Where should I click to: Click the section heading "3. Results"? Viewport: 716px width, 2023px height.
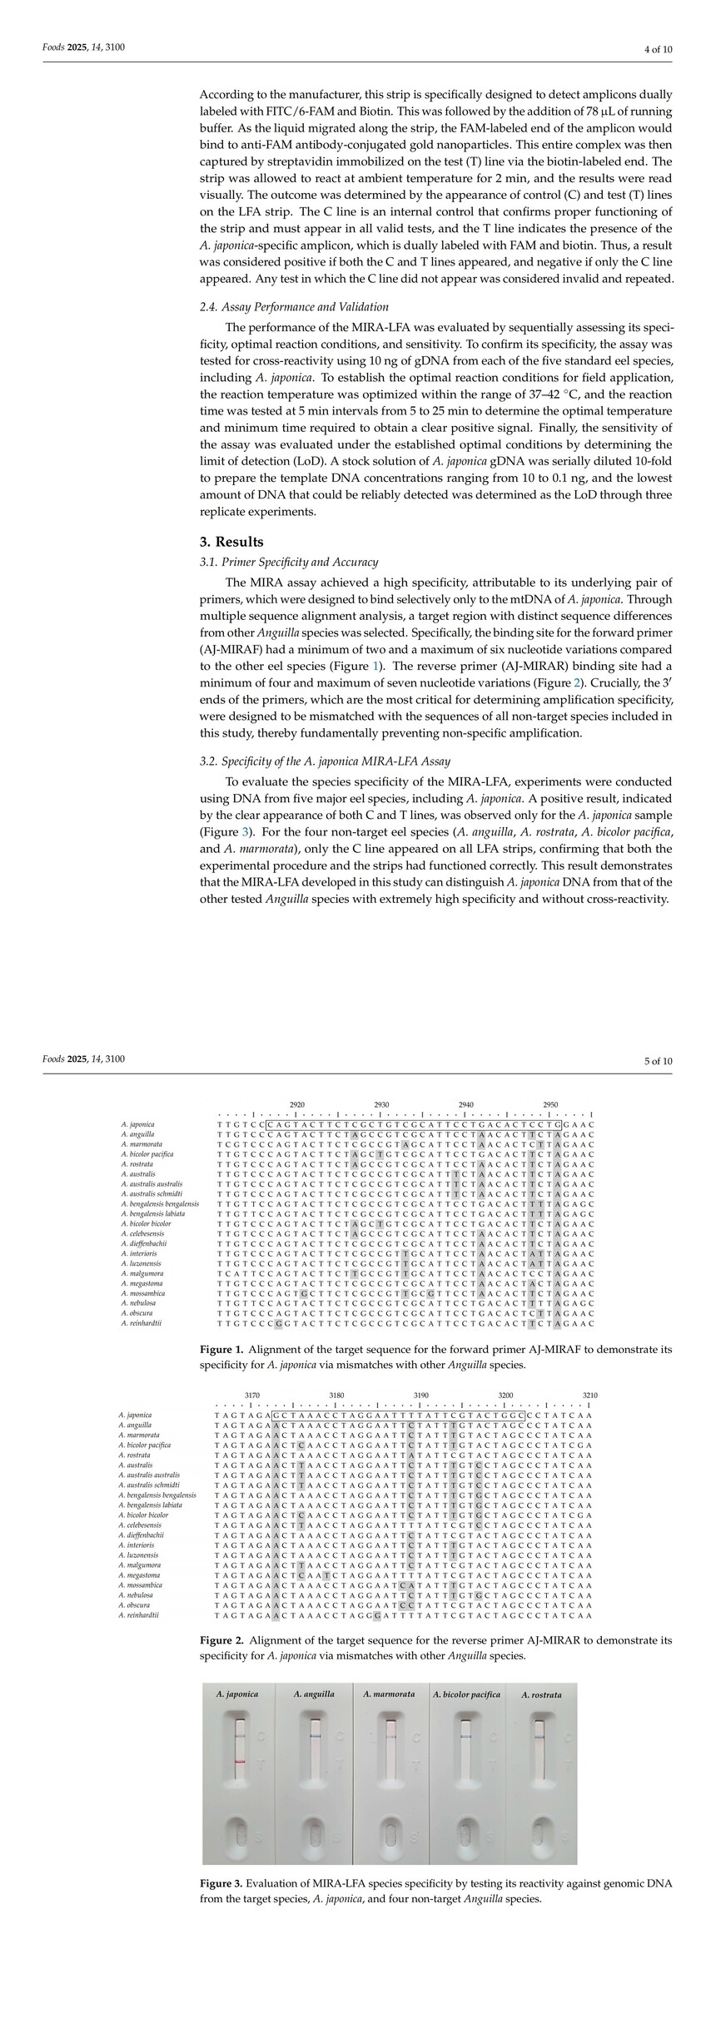pos(231,542)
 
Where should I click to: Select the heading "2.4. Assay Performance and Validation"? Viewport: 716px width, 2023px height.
pos(294,307)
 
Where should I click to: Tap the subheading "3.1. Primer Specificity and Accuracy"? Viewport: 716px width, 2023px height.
pos(288,562)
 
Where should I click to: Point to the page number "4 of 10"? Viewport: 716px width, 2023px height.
pos(658,49)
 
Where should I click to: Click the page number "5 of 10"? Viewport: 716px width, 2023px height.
pos(658,1060)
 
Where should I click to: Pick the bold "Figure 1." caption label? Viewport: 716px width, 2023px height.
pos(221,1349)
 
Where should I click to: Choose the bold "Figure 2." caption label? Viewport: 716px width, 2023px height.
pos(221,1640)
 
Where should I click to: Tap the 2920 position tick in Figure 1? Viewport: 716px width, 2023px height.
pos(296,1105)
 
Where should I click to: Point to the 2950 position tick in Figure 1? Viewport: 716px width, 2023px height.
pos(550,1105)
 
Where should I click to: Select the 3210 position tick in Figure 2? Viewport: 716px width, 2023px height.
pos(590,1396)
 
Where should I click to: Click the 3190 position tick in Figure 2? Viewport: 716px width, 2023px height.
pos(421,1396)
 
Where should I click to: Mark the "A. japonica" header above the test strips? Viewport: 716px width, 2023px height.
pos(237,1694)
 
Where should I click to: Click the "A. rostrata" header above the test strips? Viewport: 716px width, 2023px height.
pos(541,1695)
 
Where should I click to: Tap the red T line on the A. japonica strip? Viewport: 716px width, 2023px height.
pos(240,1763)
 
